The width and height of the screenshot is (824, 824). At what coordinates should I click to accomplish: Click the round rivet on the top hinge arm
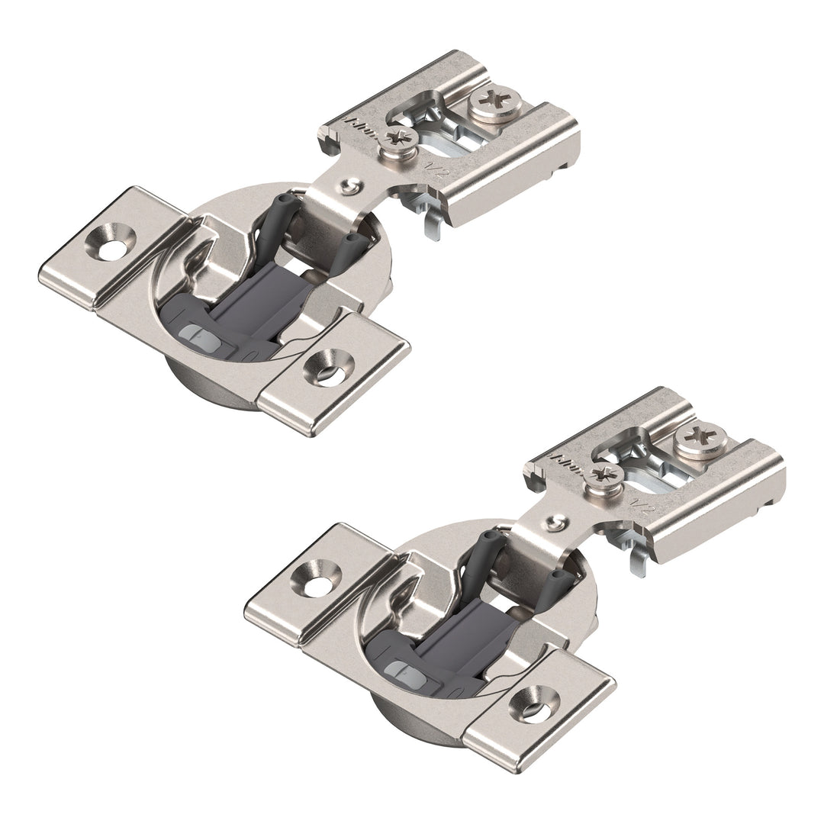(350, 185)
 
